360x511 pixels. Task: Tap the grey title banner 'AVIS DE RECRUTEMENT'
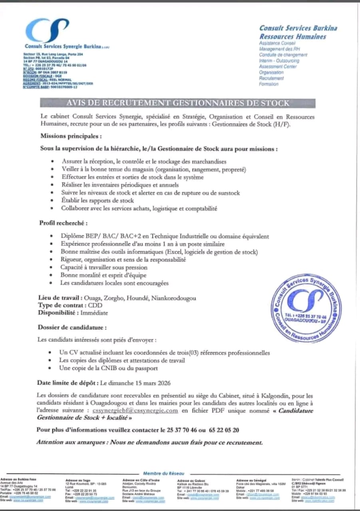click(x=178, y=103)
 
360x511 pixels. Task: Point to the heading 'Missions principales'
click(x=68, y=136)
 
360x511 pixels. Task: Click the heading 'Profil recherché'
click(x=63, y=223)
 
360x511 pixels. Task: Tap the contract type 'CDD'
click(x=95, y=305)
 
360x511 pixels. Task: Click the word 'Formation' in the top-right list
click(x=269, y=84)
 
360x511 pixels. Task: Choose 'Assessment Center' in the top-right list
click(x=278, y=67)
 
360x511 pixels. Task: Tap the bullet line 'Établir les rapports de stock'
click(x=97, y=200)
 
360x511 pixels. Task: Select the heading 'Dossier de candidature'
click(x=72, y=328)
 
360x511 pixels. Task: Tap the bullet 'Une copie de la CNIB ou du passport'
click(x=108, y=368)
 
